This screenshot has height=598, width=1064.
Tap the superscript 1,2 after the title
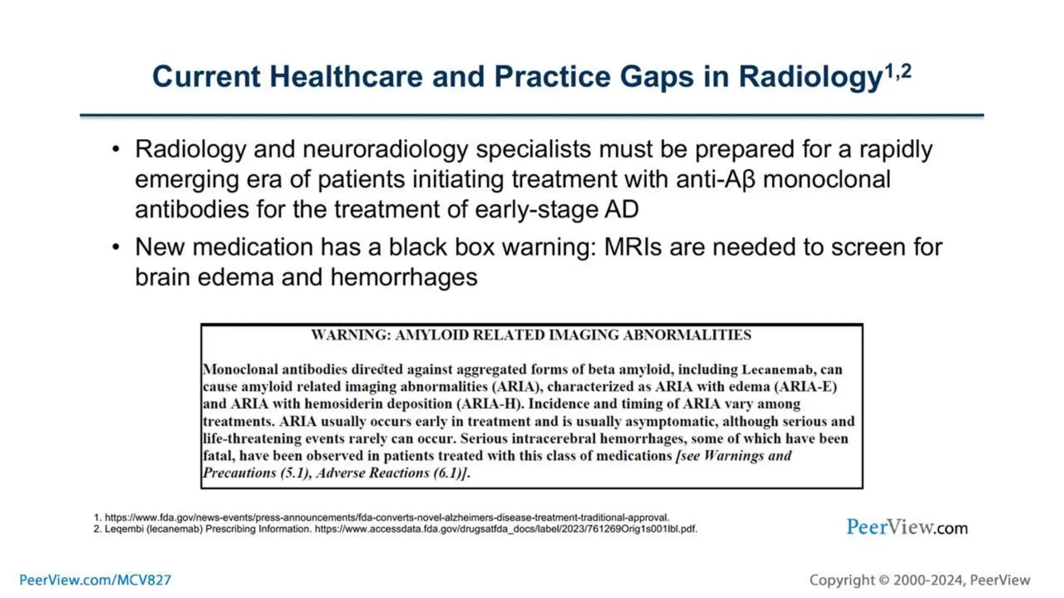[898, 72]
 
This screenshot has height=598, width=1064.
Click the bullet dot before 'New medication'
[116, 247]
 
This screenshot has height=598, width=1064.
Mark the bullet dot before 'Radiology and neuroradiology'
[116, 149]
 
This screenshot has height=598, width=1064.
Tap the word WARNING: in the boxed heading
[351, 335]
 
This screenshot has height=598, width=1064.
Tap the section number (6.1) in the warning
[448, 473]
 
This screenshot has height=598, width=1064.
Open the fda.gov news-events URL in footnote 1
[387, 518]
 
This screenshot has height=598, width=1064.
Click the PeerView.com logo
[907, 527]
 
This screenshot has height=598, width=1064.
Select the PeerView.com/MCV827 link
[95, 580]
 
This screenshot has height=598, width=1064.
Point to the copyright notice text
[919, 580]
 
